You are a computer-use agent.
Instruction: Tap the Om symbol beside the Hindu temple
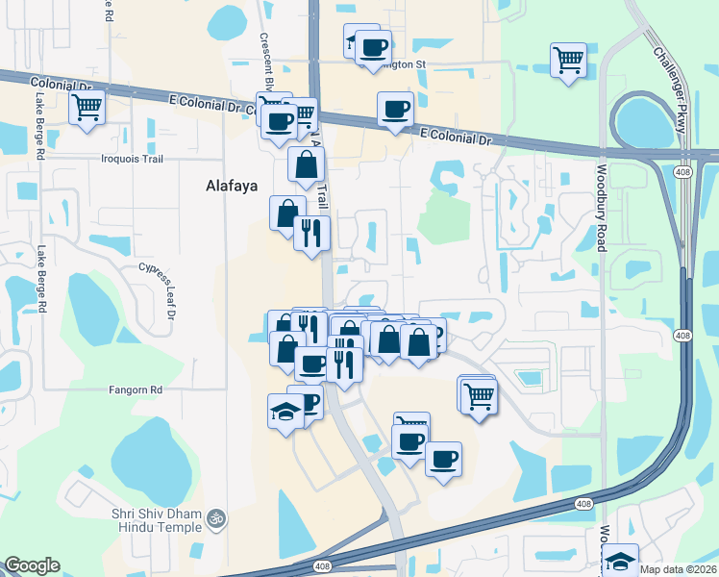(x=218, y=518)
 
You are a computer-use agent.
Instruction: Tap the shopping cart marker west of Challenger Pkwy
(x=568, y=60)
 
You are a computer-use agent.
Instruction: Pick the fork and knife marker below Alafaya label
(x=311, y=233)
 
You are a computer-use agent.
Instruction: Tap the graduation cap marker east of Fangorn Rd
(x=285, y=411)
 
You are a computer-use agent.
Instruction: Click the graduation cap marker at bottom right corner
(x=620, y=560)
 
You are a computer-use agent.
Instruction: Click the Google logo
(x=32, y=565)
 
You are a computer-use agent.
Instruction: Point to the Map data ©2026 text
(x=677, y=569)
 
